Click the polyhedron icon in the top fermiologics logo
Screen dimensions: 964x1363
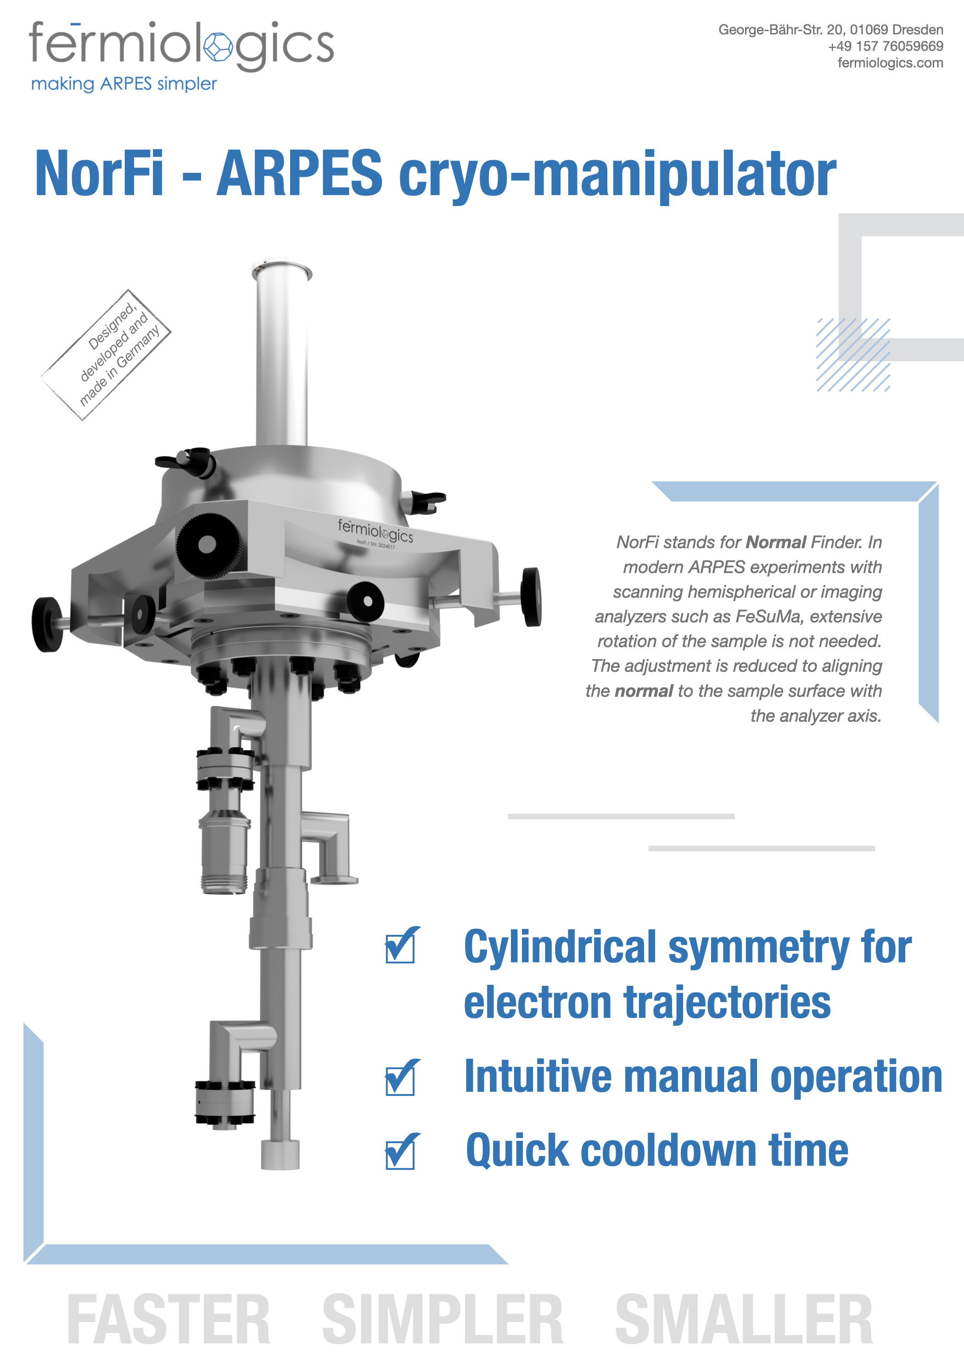(219, 47)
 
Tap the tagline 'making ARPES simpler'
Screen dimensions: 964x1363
(123, 84)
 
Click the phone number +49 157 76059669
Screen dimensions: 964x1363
(886, 46)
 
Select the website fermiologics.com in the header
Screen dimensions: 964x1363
(891, 63)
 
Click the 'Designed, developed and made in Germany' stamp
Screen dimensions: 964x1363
(106, 355)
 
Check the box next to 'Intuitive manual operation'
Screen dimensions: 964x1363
(402, 1078)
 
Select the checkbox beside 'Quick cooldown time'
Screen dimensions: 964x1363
(402, 1151)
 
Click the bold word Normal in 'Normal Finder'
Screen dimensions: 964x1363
(776, 542)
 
